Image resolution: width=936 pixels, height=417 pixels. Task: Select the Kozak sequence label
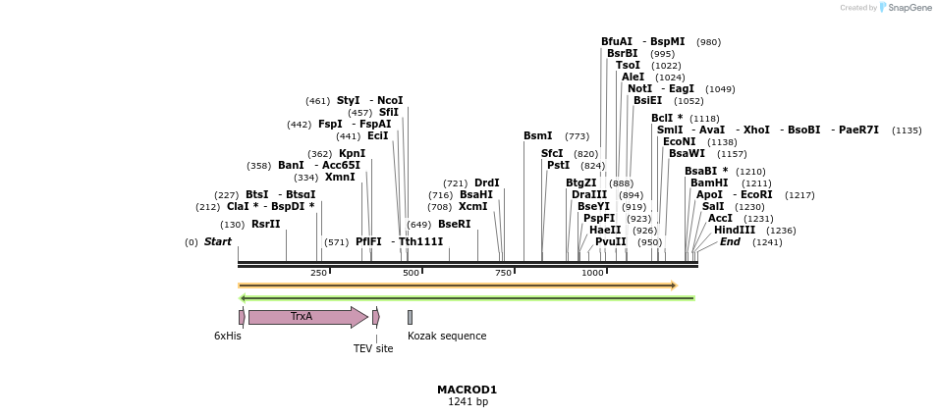tap(447, 337)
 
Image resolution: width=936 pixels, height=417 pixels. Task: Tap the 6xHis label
tap(228, 337)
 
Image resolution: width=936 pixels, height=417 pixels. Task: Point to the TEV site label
tap(373, 348)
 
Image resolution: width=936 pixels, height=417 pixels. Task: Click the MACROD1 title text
tap(468, 390)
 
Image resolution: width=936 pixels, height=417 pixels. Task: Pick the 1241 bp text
tap(468, 402)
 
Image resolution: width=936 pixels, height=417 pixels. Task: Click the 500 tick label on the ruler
tap(411, 273)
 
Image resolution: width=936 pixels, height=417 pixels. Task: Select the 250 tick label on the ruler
tap(318, 273)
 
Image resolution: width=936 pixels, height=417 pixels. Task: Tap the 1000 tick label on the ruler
tap(592, 273)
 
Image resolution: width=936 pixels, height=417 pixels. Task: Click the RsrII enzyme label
tap(265, 225)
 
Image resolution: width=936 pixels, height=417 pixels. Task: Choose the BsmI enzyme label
tap(537, 136)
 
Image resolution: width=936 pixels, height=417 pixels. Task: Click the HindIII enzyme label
tap(735, 231)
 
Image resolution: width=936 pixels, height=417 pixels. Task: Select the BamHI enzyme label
tap(709, 183)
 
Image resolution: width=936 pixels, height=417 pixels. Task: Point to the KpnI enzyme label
tap(352, 154)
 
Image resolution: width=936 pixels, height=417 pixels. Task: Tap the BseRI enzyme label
tap(454, 225)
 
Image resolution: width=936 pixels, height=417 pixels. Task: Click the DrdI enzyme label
tap(486, 183)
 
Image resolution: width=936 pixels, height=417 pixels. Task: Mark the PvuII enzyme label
tap(610, 242)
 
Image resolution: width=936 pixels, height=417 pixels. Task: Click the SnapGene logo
tap(905, 8)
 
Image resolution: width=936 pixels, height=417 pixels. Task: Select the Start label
tap(218, 242)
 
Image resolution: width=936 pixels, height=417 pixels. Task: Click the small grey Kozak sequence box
tap(410, 317)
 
